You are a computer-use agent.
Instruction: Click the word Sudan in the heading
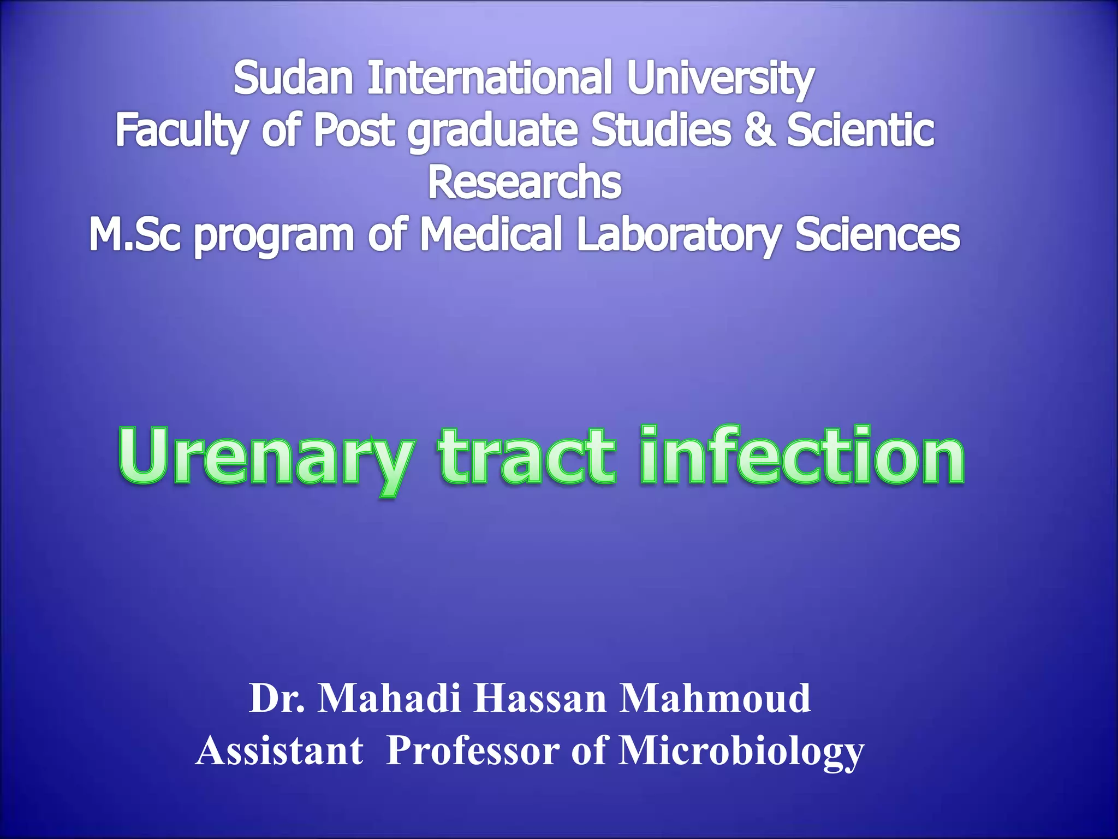point(293,78)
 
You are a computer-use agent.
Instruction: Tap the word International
point(489,78)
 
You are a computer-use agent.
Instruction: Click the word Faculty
point(181,131)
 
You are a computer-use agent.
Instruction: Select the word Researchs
point(524,182)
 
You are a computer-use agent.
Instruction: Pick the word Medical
point(490,235)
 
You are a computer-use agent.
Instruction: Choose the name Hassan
point(539,699)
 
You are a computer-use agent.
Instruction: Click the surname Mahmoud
point(715,699)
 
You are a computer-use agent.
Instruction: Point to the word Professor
point(473,751)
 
